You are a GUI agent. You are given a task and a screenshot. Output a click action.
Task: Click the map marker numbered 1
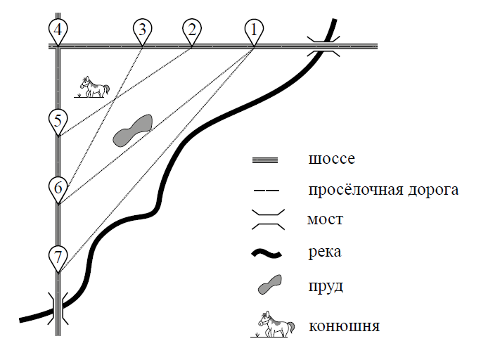tap(254, 32)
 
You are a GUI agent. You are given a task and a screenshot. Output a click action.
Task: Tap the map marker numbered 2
tap(192, 32)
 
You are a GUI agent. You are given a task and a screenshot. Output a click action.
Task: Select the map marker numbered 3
tap(142, 32)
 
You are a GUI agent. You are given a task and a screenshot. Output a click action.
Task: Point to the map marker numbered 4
tap(58, 32)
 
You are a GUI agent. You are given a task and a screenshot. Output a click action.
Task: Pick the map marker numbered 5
tap(58, 122)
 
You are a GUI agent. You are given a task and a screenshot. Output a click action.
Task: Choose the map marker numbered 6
tap(58, 189)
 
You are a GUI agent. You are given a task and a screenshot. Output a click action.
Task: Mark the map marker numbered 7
tap(58, 258)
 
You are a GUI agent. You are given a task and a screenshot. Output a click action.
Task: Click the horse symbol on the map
tap(92, 87)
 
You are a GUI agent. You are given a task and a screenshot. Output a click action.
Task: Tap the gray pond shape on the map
tap(132, 130)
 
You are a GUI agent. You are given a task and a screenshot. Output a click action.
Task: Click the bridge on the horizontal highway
tap(323, 46)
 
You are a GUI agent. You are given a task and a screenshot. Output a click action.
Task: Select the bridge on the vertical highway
tap(58, 309)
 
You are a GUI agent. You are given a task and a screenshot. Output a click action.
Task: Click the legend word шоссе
tap(332, 159)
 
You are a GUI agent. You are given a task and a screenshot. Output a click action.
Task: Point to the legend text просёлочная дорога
tap(383, 190)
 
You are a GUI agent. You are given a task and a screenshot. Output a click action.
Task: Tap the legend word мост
tap(325, 219)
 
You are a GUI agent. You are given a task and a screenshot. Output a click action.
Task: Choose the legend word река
tap(325, 252)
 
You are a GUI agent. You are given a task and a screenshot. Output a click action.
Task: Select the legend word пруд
tap(326, 287)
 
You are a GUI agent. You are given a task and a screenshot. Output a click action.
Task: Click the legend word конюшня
tap(344, 326)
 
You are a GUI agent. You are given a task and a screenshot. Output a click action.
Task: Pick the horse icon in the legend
tap(271, 324)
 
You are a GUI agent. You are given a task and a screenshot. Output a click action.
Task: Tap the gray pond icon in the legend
tap(270, 285)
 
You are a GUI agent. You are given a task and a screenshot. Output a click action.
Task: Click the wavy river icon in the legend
tap(267, 254)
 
